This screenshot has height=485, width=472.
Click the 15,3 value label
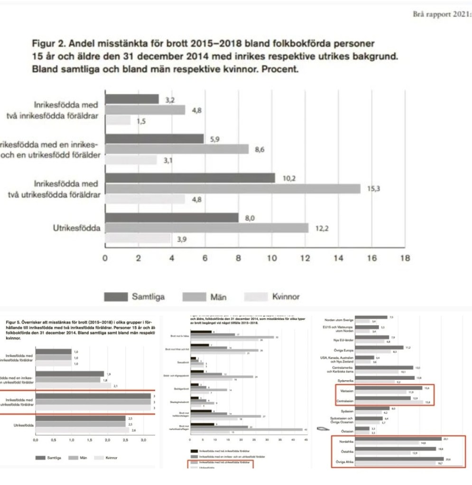point(374,189)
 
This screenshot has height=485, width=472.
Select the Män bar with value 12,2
point(206,229)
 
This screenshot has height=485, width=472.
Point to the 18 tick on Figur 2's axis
point(405,258)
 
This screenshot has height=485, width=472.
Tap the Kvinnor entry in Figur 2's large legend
point(286,297)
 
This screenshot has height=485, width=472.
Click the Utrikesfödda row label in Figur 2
point(77,229)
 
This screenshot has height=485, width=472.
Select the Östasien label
point(347,431)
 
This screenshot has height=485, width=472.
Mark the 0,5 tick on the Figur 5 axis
point(54,440)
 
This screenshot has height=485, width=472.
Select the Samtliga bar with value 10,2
point(190,178)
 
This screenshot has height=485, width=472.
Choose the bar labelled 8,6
point(176,149)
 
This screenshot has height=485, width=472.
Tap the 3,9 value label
point(181,239)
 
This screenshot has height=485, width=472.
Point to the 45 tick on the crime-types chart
point(305,440)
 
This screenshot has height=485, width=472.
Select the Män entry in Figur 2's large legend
point(218,297)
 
